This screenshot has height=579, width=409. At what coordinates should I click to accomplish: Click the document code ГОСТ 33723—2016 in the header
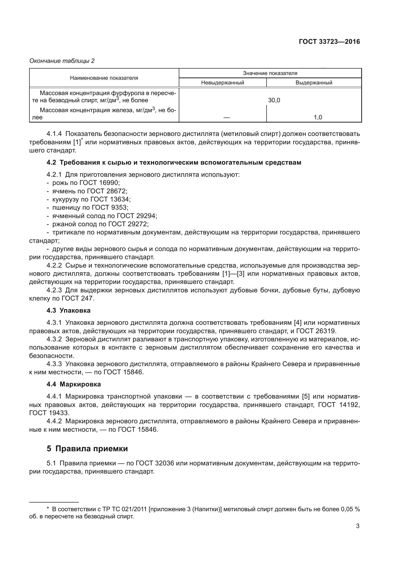coord(329,42)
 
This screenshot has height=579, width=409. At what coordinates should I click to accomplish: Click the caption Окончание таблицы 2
coord(62,61)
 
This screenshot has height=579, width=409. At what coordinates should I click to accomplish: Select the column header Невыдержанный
coord(222,83)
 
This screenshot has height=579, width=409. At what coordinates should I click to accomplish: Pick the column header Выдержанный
coord(314,83)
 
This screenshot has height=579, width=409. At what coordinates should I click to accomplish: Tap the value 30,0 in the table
coord(274,100)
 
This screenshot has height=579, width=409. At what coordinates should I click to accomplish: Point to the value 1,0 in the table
coord(318,117)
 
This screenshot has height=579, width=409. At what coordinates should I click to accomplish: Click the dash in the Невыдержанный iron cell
coord(227,118)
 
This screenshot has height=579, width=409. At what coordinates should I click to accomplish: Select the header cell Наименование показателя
coord(104,78)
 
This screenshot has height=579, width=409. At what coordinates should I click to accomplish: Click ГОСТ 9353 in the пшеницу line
coord(110,207)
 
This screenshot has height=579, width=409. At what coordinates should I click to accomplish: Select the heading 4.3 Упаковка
coord(68,310)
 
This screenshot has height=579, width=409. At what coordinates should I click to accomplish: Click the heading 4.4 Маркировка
coord(73,384)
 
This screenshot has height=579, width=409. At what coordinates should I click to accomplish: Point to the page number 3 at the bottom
coord(357,526)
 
